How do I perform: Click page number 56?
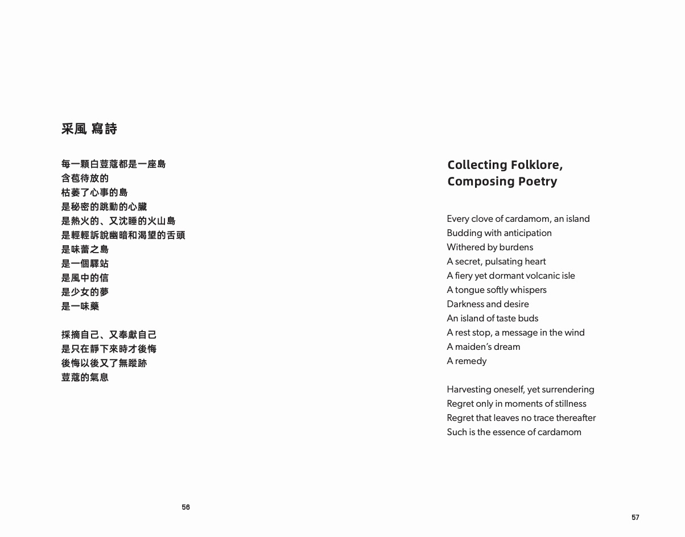[186, 507]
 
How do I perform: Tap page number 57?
[636, 517]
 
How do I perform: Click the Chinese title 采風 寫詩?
[89, 129]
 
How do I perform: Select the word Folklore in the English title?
[537, 165]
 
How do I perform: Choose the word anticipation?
[523, 233]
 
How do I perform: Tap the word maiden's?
[473, 347]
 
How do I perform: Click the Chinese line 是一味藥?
[80, 306]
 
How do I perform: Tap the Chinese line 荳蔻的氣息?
[85, 377]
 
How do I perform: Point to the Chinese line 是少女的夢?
[85, 292]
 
